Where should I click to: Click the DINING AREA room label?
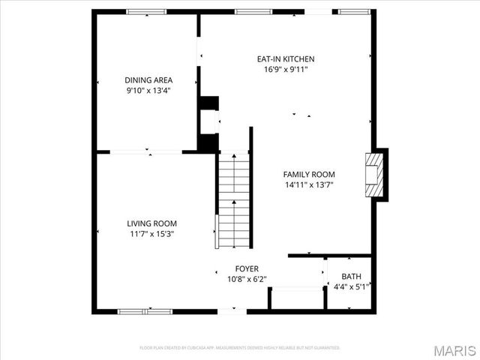(x=148, y=79)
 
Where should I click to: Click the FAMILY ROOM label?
(x=308, y=174)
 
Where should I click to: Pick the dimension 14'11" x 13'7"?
(x=308, y=184)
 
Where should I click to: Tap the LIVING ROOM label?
(x=151, y=223)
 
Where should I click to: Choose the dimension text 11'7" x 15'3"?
(x=151, y=234)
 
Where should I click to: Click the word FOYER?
(x=247, y=268)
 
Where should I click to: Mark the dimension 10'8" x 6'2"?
(x=247, y=279)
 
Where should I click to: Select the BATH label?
(x=351, y=276)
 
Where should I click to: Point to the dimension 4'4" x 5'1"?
(x=351, y=286)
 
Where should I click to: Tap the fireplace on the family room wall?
(x=374, y=174)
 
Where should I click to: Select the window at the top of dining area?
(x=146, y=11)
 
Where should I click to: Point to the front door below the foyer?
(x=232, y=310)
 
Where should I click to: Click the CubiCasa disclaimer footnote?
(x=240, y=348)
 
